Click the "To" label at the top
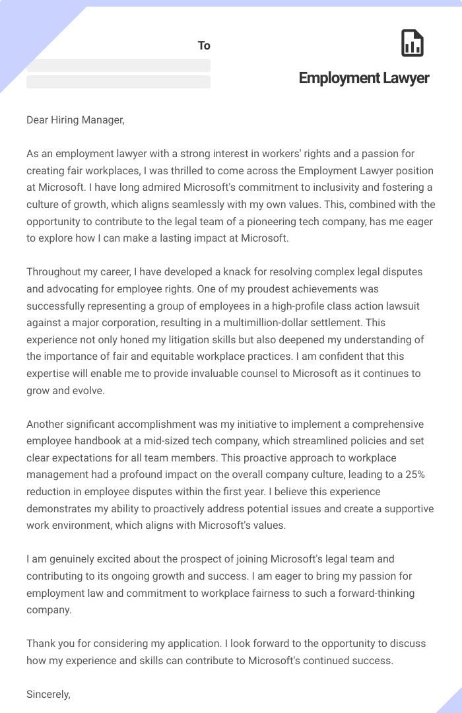[204, 46]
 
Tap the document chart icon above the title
[412, 44]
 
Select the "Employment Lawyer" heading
[364, 78]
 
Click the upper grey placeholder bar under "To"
[118, 65]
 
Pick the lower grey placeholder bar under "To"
[118, 82]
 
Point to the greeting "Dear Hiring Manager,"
[75, 120]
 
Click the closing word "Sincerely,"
[48, 694]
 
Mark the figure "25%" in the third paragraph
[411, 475]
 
